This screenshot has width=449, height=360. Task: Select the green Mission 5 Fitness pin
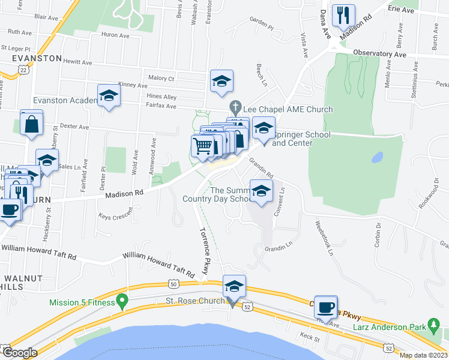pos(123,299)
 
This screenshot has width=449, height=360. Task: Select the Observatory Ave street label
pos(379,53)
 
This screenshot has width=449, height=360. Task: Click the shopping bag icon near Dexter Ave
pos(31,125)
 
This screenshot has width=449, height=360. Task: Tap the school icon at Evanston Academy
pos(109,96)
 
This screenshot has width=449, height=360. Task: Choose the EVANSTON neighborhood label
pos(35,58)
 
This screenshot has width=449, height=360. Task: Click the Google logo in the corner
pos(19,353)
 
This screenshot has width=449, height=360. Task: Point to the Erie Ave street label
pos(402,10)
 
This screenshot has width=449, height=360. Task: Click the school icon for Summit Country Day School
pos(261,191)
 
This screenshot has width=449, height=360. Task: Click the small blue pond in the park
pos(377,158)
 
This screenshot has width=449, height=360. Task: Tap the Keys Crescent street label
pos(115,215)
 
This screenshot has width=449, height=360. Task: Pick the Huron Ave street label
pos(116,35)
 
